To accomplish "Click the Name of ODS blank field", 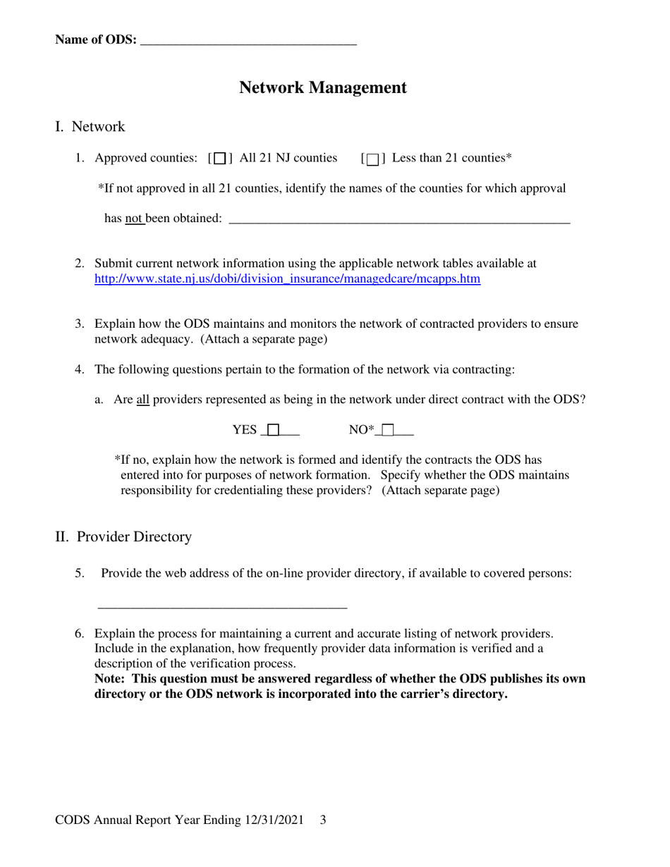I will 248,41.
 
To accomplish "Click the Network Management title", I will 323,87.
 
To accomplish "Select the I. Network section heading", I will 90,127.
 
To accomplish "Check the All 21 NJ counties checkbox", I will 220,159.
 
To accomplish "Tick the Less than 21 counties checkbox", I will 372,159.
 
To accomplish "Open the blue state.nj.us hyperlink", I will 287,279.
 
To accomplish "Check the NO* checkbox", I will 388,430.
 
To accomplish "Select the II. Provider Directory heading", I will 123,537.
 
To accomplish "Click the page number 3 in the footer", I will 323,820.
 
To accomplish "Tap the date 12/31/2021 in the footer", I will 274,820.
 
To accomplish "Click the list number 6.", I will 80,634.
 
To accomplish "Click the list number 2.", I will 80,264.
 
